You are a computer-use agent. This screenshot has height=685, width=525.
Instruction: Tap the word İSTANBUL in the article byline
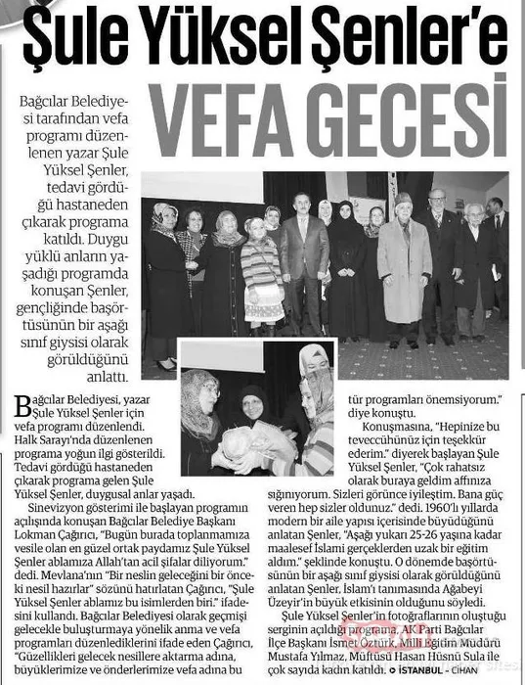pyautogui.click(x=428, y=673)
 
